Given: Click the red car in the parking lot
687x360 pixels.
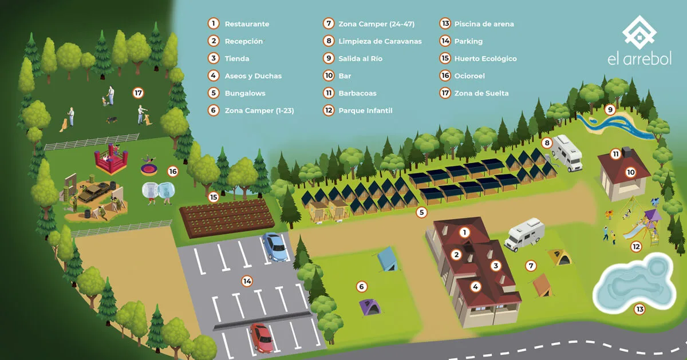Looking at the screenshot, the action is [x=262, y=338].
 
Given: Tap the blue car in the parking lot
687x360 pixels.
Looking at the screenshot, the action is [x=275, y=247].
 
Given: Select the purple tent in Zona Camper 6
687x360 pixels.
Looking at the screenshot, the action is [x=370, y=307].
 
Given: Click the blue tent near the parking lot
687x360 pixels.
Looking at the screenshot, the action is [x=387, y=259].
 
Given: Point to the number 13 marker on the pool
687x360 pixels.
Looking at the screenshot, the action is [x=640, y=309].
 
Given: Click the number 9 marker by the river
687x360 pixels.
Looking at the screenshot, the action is [x=610, y=109].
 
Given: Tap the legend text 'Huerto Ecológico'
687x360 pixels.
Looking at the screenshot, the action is [x=485, y=58].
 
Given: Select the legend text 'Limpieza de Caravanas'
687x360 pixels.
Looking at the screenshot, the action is [x=380, y=41].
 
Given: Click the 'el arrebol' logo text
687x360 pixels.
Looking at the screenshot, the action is [x=639, y=58].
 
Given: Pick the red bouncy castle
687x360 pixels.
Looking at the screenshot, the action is [x=110, y=160].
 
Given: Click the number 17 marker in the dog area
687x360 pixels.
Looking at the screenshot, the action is [x=138, y=93].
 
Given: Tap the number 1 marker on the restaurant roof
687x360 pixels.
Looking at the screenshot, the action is [x=464, y=232].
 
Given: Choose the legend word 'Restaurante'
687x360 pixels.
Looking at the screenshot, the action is [x=247, y=24].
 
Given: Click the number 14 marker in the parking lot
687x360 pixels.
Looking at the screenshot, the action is [x=247, y=281].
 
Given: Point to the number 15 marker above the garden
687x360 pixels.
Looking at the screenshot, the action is [x=214, y=197].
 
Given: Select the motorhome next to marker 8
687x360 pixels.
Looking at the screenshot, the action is [x=567, y=153].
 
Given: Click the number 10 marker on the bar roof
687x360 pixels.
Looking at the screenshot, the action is [x=630, y=172].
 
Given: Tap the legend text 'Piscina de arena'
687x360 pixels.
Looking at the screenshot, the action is [x=484, y=24].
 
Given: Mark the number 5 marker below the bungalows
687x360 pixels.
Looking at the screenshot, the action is [x=421, y=212].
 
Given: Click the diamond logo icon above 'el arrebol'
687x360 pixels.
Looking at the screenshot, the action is [x=639, y=32].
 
